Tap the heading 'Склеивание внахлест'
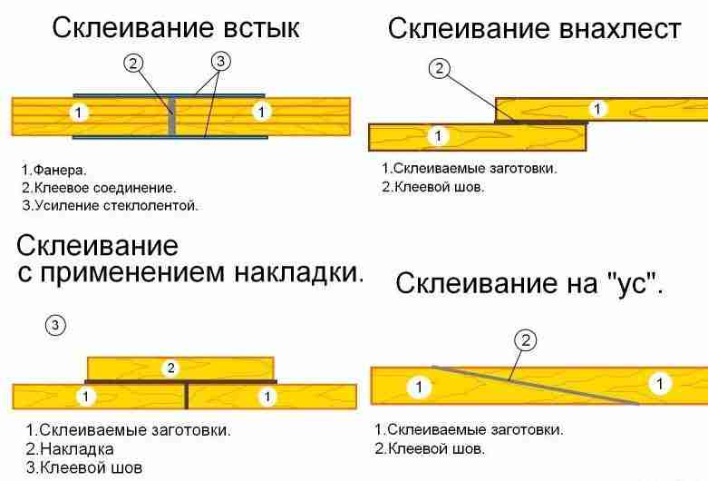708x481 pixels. click(534, 29)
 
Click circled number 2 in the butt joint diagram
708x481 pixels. click(133, 63)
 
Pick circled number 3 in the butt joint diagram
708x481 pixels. click(220, 62)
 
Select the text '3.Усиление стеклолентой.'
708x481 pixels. click(110, 205)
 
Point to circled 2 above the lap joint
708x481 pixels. click(440, 68)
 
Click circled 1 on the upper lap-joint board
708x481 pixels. click(596, 109)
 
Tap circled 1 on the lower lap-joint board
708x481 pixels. click(438, 136)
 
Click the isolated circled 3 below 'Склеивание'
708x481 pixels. click(56, 325)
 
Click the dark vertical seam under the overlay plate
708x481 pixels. click(187, 397)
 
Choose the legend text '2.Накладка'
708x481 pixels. click(70, 449)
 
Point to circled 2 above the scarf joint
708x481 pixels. click(525, 340)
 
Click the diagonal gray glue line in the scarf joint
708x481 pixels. click(535, 386)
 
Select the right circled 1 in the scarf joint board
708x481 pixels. click(662, 384)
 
